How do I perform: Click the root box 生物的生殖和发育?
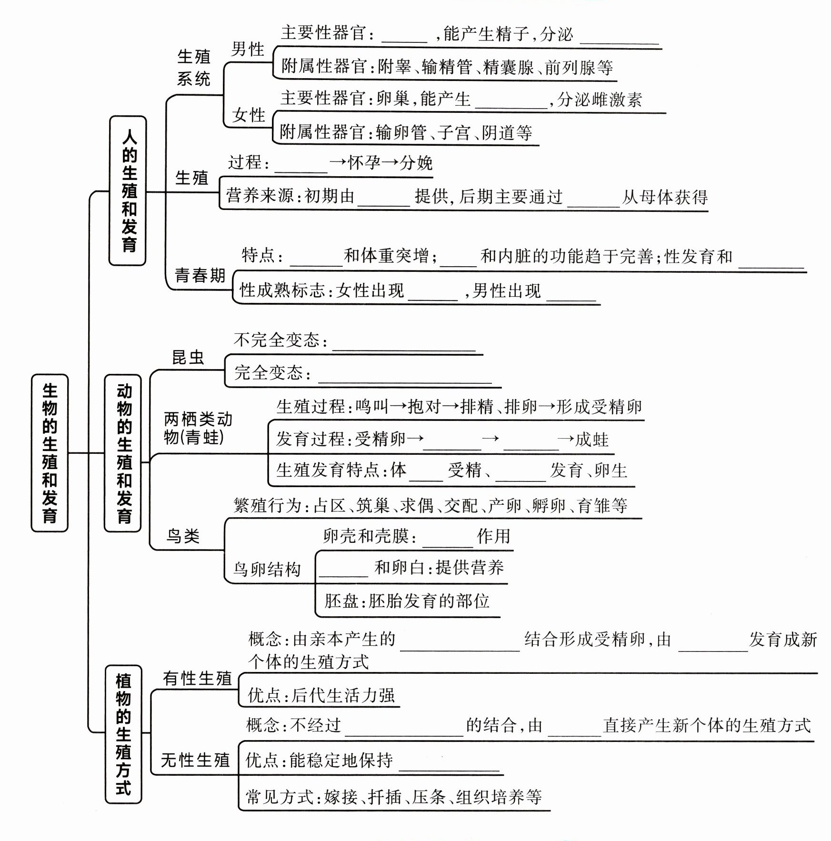point(50,452)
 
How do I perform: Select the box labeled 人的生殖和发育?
point(128,190)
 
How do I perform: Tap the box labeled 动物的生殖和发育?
point(123,452)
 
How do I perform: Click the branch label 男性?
point(247,49)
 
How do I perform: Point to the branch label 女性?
point(248,115)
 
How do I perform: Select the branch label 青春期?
point(200,275)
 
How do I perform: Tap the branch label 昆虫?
point(188,357)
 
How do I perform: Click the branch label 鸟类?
point(183,536)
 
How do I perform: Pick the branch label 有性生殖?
point(197,678)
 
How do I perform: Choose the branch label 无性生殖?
point(195,760)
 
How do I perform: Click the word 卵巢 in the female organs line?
point(393,99)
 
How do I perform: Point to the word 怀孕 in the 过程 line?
point(364,162)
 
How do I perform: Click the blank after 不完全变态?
point(404,344)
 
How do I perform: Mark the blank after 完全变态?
point(404,376)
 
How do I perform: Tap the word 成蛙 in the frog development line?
point(591,439)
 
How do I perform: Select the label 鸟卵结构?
point(267,569)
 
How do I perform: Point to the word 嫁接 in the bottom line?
point(340,797)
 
